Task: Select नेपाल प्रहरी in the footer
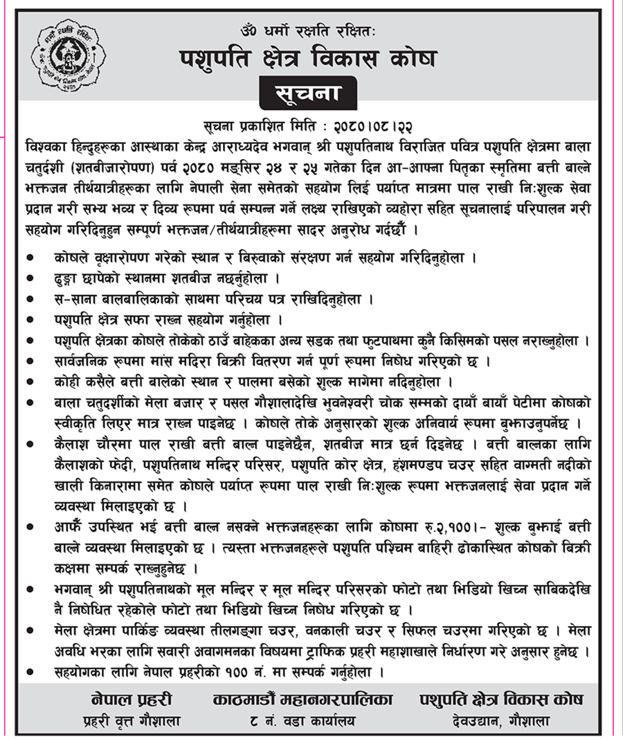coord(131,699)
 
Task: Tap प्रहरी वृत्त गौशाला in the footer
coord(132,721)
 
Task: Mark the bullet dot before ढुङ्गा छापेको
coord(29,278)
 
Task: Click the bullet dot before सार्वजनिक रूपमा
coord(29,361)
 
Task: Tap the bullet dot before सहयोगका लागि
coord(29,671)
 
